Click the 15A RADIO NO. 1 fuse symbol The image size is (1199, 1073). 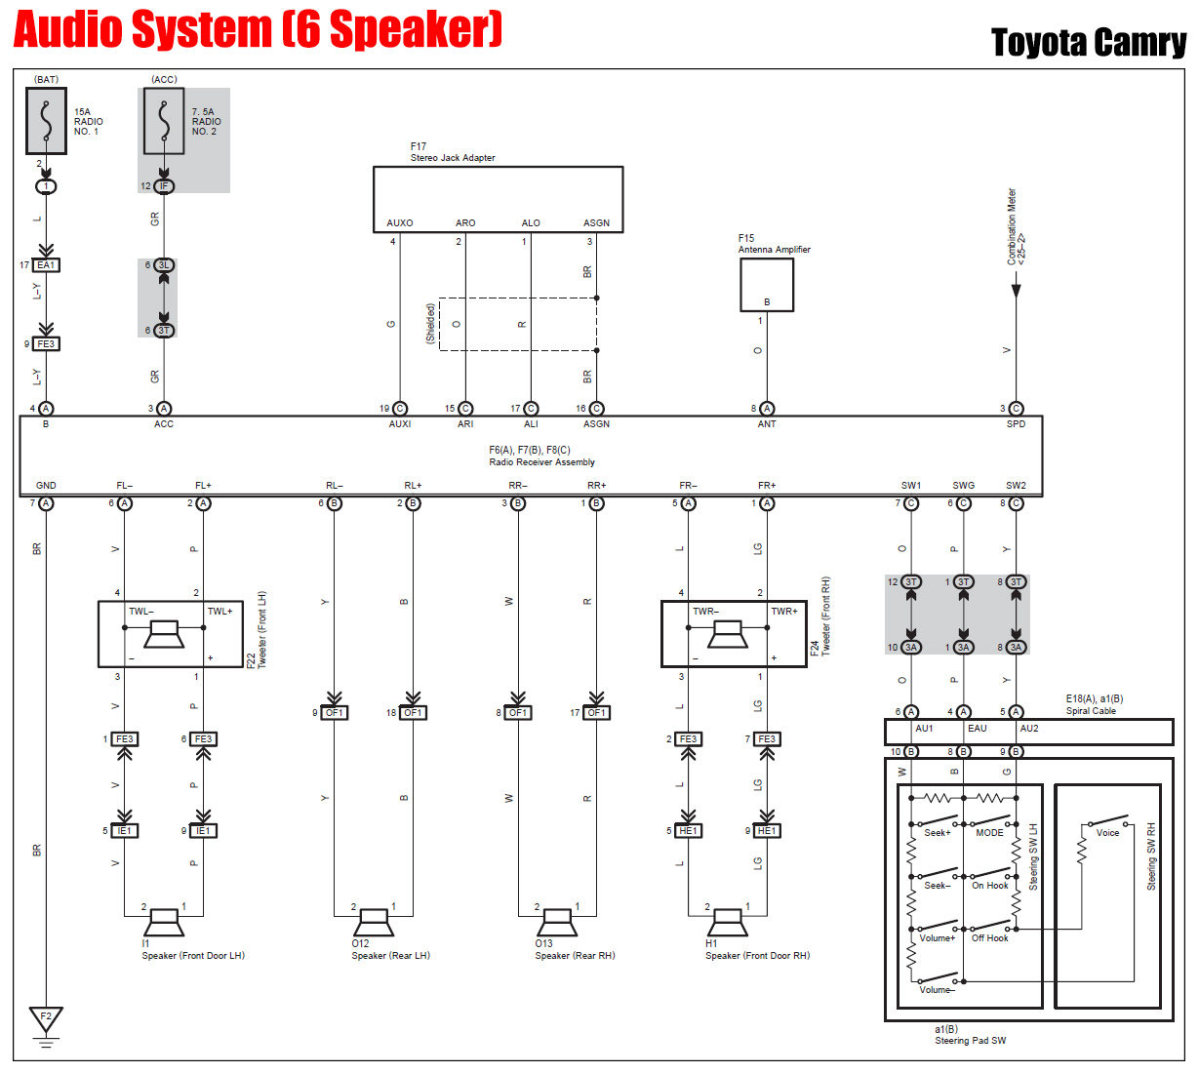(46, 121)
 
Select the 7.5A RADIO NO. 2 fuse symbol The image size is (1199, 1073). (164, 121)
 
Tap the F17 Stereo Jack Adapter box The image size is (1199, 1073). (498, 199)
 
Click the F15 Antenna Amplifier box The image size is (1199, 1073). (767, 285)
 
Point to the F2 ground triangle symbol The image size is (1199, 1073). (46, 1019)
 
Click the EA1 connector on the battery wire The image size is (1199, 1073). (46, 265)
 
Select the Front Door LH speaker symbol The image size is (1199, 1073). (163, 921)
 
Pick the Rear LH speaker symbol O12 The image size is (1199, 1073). (374, 921)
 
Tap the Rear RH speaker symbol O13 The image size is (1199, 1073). (557, 921)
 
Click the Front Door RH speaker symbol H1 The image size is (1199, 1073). (728, 921)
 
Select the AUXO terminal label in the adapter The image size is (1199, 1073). (400, 223)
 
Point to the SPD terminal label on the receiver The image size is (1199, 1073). (1016, 424)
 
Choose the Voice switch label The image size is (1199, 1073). (1107, 833)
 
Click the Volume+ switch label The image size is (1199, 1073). (937, 938)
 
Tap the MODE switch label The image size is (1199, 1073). (989, 833)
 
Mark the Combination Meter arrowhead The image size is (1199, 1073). (1016, 290)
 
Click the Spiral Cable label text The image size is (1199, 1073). (1091, 711)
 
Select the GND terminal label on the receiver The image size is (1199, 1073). (46, 486)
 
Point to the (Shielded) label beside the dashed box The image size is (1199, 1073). (430, 324)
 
